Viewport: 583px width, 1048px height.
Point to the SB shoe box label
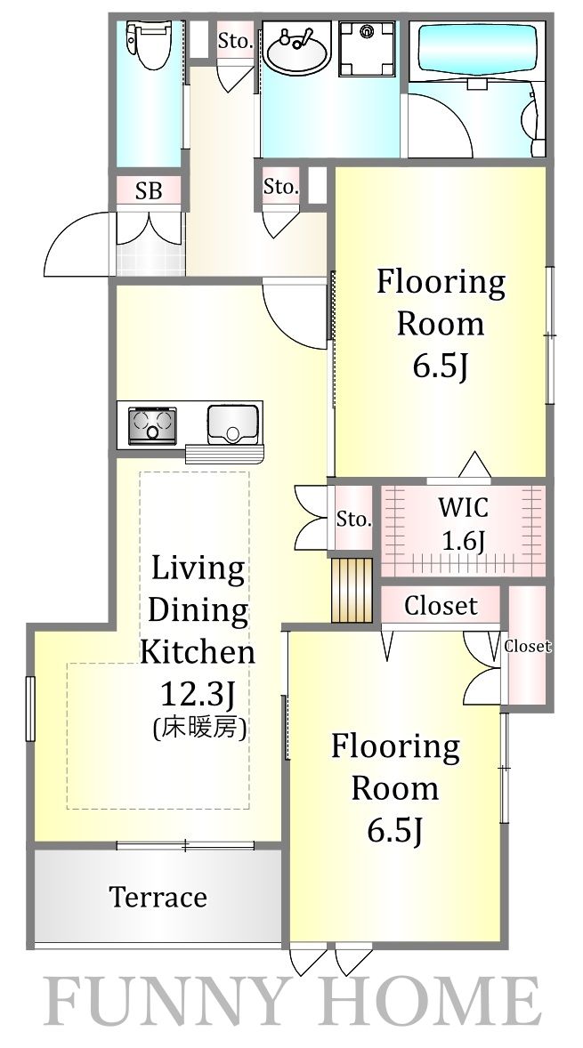pyautogui.click(x=149, y=190)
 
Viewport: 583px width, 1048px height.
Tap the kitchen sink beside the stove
pyautogui.click(x=232, y=423)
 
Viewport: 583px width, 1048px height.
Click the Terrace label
pyautogui.click(x=158, y=897)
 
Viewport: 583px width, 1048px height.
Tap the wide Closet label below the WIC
pyautogui.click(x=441, y=607)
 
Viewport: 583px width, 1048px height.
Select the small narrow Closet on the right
pyautogui.click(x=527, y=647)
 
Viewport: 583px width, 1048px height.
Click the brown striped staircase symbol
pyautogui.click(x=350, y=590)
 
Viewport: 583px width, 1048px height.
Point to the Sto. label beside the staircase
pyautogui.click(x=353, y=519)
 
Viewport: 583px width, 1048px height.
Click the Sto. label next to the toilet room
pyautogui.click(x=235, y=40)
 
